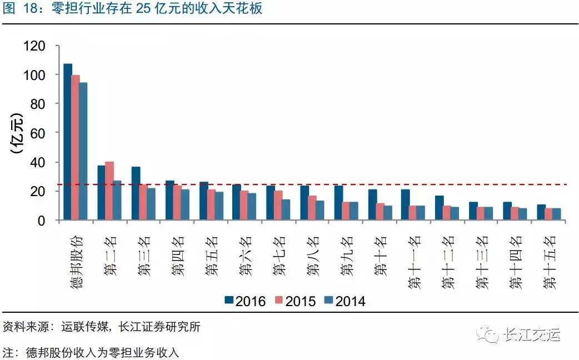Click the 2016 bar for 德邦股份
[x=68, y=142]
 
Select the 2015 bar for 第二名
[x=109, y=191]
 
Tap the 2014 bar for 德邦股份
[x=83, y=152]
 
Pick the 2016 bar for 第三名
[x=136, y=194]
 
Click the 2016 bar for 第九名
[x=338, y=203]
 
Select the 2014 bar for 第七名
[x=286, y=210]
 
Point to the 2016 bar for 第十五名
[x=541, y=213]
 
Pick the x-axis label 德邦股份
[x=76, y=261]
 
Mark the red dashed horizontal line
[x=389, y=184]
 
